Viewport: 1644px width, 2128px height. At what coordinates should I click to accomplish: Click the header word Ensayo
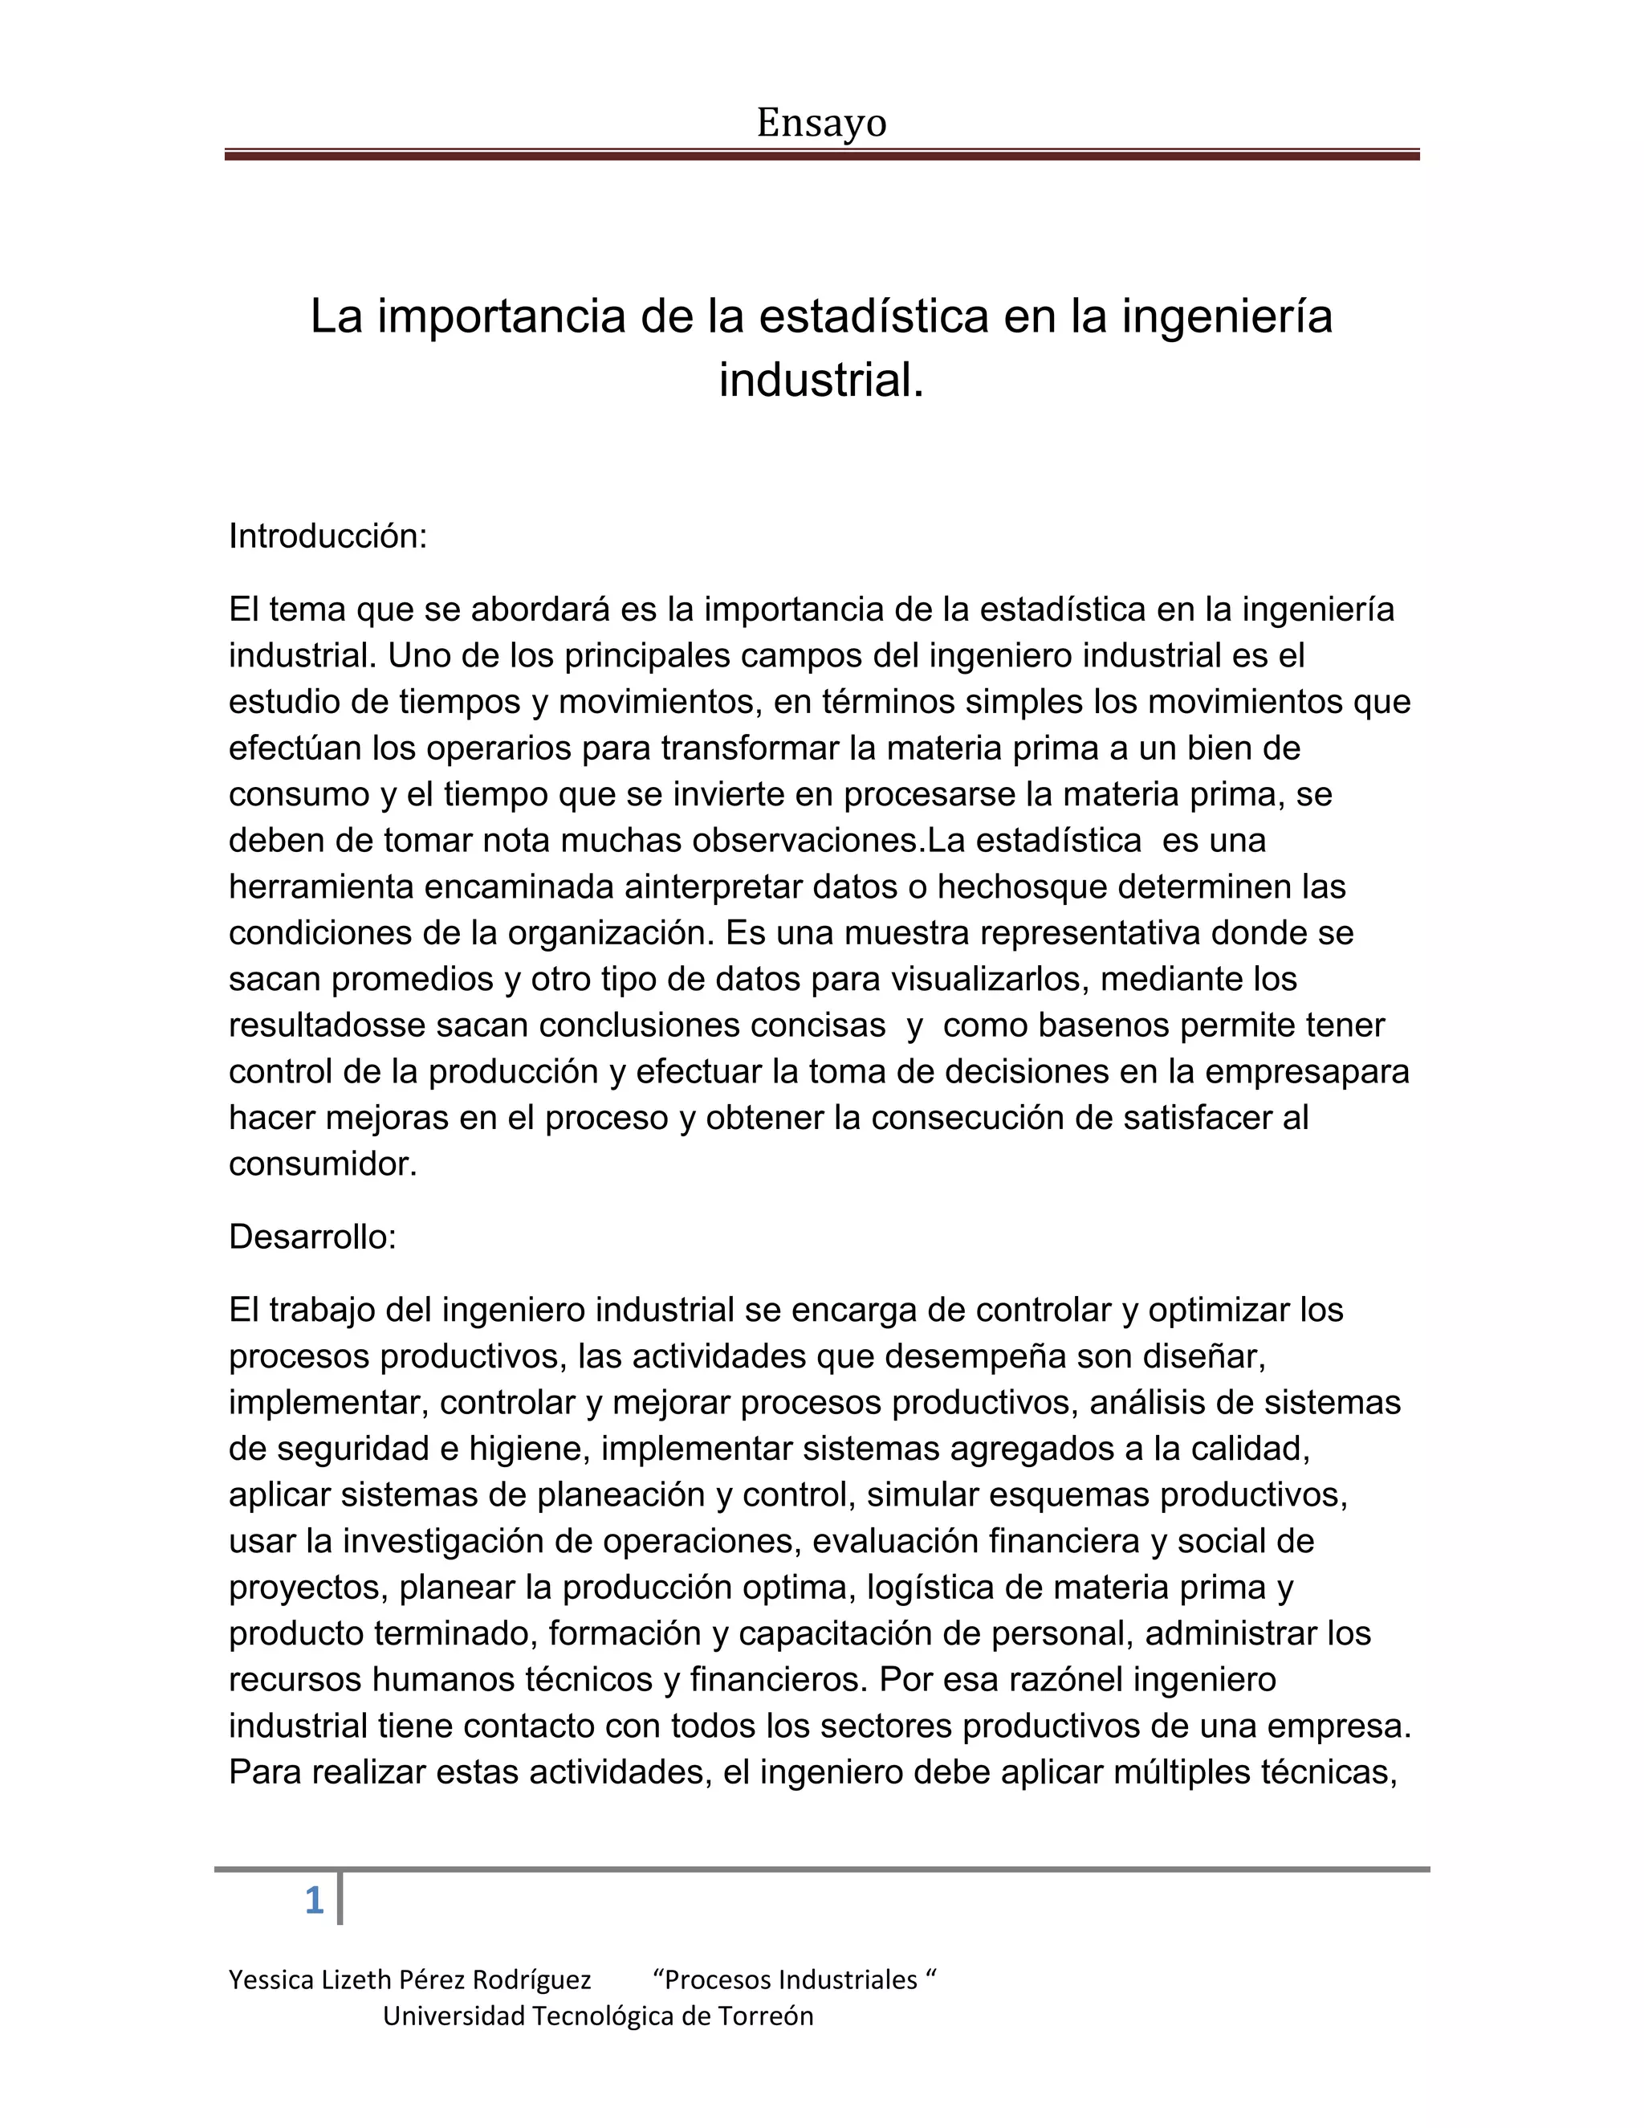[x=821, y=124]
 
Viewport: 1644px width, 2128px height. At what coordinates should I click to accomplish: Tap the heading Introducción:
[x=328, y=536]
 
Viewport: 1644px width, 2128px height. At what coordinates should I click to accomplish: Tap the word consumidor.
[x=323, y=1164]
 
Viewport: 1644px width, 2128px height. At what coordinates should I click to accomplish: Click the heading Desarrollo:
[x=312, y=1237]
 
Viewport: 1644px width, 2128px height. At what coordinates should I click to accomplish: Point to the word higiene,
[x=530, y=1449]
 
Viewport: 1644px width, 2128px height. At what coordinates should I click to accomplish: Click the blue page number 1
[x=314, y=1901]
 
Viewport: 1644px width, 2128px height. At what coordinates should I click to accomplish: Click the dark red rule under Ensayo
[x=821, y=154]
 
